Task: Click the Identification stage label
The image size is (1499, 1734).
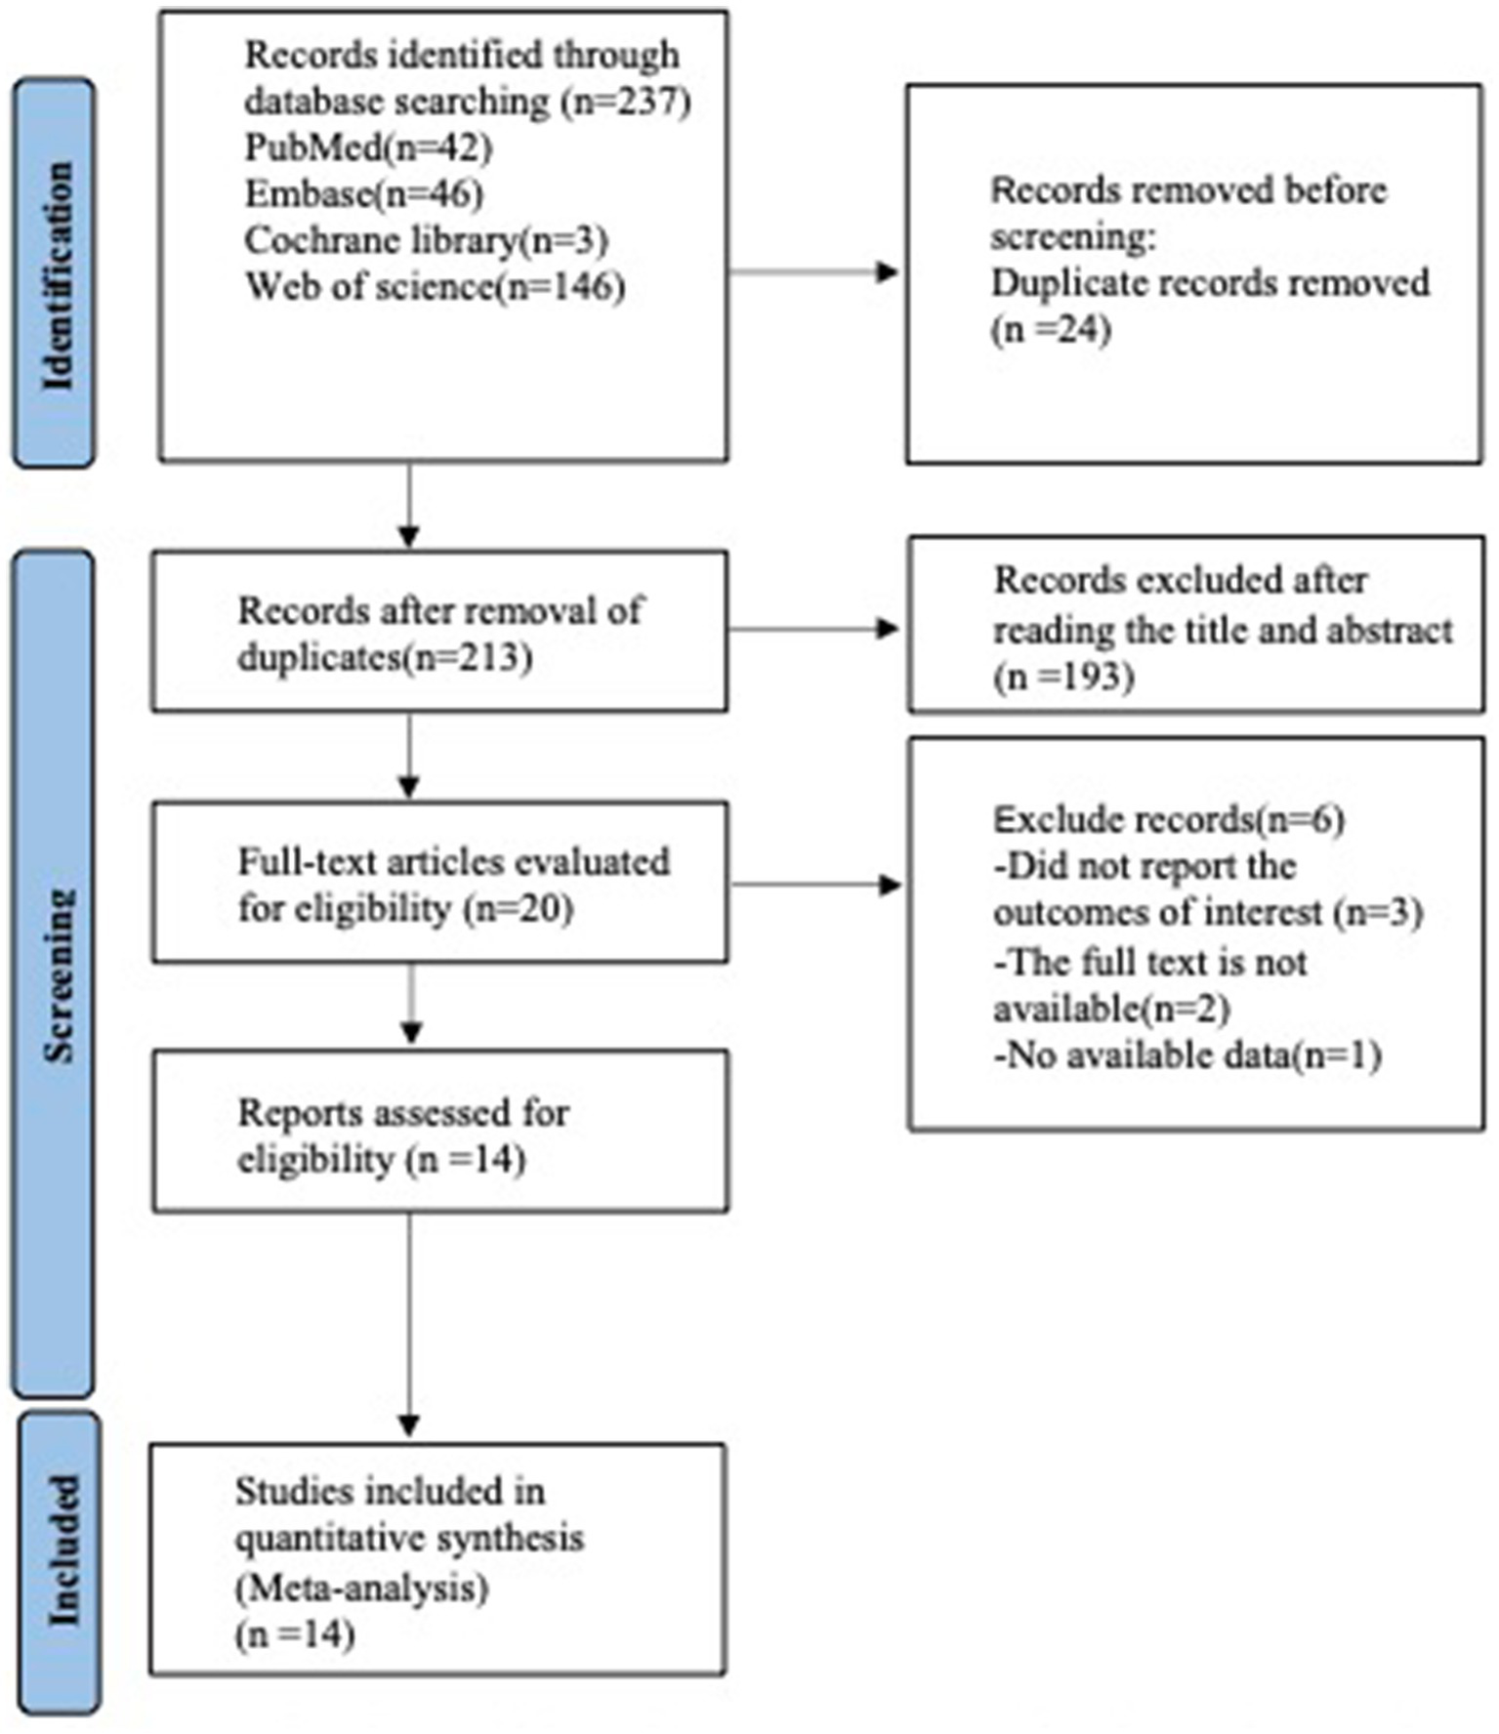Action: click(56, 274)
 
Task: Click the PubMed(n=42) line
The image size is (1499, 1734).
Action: click(368, 147)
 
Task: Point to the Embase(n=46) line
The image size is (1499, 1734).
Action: click(363, 193)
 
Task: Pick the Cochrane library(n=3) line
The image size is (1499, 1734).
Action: click(426, 240)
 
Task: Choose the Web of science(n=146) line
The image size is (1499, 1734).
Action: click(435, 287)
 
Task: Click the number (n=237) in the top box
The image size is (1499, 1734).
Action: click(626, 102)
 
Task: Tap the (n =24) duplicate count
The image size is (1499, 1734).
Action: click(1051, 330)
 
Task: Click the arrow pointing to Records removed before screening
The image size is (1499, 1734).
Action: click(815, 272)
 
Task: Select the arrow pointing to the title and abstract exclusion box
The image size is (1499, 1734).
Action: click(815, 630)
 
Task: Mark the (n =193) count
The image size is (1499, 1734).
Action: click(1063, 677)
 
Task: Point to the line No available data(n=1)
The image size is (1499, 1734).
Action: click(1187, 1055)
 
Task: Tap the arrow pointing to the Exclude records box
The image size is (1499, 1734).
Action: click(817, 886)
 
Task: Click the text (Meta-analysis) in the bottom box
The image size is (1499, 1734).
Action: click(361, 1588)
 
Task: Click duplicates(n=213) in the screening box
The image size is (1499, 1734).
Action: click(385, 658)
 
